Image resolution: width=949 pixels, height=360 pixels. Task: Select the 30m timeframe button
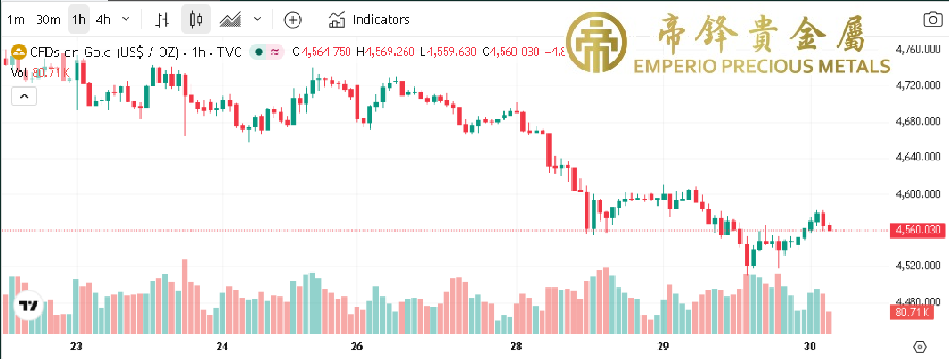tap(48, 19)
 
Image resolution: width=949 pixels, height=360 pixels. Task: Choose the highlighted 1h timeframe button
tap(79, 19)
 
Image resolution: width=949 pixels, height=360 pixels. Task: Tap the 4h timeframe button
tap(103, 19)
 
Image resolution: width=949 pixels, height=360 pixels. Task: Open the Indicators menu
tap(369, 19)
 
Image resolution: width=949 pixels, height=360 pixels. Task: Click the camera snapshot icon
tap(932, 19)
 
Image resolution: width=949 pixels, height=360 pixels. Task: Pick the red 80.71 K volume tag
tap(911, 313)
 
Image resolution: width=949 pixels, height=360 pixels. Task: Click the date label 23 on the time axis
tap(76, 346)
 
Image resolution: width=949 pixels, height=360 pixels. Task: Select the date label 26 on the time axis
tap(356, 346)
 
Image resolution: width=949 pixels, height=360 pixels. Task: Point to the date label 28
tap(516, 346)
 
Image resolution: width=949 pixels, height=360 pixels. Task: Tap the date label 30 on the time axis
tap(810, 346)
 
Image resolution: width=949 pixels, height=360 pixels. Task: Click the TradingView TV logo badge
tap(29, 306)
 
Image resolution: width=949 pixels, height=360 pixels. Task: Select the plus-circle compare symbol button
tap(293, 19)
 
